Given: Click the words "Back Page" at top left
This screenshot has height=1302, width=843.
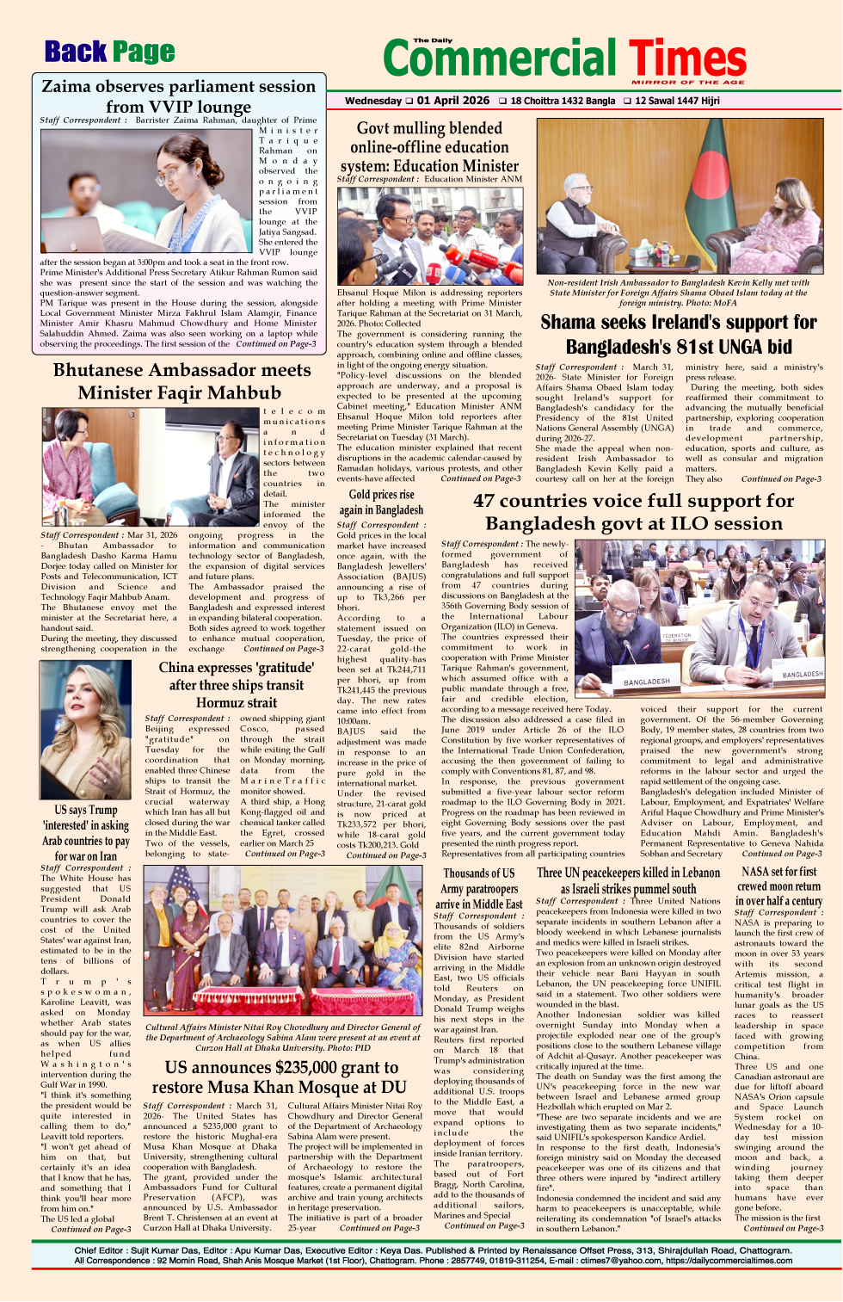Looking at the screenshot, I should point(109,52).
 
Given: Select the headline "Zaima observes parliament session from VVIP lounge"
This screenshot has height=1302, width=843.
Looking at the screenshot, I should point(179,96).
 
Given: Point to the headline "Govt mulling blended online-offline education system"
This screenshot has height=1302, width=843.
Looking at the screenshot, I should point(429,146).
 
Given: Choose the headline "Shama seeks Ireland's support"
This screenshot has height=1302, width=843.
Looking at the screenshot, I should point(678,334).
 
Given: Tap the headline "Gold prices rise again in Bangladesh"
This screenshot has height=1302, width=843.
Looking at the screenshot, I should point(381,502).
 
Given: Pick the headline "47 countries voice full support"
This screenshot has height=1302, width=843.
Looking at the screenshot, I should point(633,512).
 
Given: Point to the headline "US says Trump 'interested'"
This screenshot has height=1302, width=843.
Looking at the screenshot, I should point(85,832).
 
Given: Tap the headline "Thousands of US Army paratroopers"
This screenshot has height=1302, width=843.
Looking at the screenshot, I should point(479,888).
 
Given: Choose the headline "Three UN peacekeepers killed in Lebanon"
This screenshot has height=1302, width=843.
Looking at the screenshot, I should point(628,880).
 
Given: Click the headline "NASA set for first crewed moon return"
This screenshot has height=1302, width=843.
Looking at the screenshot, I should point(778,885).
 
